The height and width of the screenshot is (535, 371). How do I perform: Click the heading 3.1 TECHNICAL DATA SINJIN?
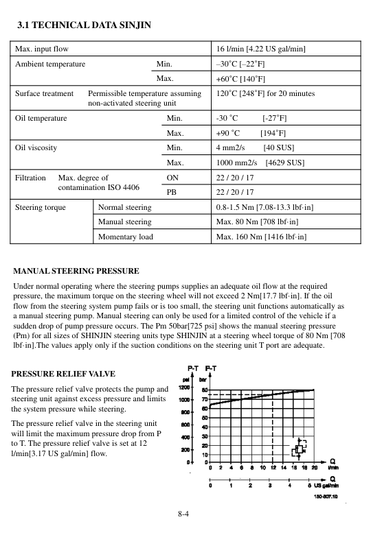(83, 26)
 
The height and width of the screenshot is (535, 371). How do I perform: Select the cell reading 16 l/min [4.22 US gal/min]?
(260, 49)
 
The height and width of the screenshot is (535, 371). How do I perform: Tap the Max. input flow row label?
(43, 49)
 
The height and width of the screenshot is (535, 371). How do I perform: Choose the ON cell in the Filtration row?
(172, 177)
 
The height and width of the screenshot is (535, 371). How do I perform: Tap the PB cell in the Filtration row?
(172, 192)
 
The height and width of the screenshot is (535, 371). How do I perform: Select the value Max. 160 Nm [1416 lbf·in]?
(260, 237)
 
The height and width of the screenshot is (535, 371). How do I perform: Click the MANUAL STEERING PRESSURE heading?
(76, 271)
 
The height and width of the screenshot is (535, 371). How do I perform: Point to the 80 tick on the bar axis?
(204, 389)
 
